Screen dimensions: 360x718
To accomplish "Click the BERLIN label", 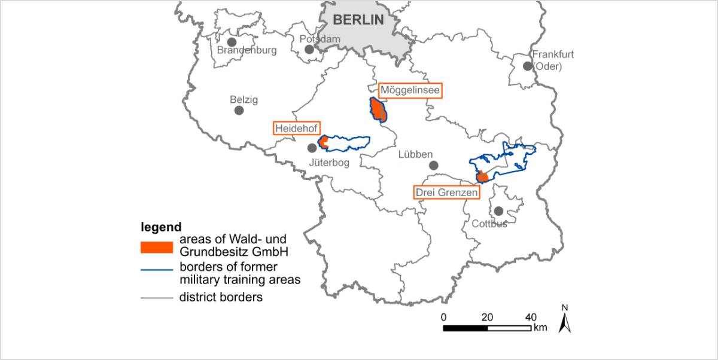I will tap(358, 19).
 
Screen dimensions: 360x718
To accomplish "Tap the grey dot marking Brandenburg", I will tap(232, 42).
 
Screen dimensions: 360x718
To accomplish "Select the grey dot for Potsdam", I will tap(309, 49).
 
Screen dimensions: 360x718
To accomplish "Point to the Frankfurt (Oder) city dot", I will tap(527, 66).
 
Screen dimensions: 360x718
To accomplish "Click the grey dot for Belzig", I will tap(239, 110).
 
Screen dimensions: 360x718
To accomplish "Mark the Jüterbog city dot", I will tap(312, 148).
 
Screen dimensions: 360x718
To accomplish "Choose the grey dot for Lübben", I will tap(434, 165).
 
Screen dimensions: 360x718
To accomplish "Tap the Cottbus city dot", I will tap(498, 210).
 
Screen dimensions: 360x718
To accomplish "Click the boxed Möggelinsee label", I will tap(410, 91).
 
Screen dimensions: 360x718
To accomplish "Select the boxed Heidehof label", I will tap(296, 128).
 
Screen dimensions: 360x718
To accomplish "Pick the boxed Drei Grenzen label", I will tap(446, 193).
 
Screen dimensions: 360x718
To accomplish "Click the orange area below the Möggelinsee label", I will tap(378, 111).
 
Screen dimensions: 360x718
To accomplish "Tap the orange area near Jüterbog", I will tap(323, 142).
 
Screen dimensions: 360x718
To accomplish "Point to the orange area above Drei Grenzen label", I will tap(482, 177).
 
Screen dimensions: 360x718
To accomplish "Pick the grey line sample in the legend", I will tap(156, 297).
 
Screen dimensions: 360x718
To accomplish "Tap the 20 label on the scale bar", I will tap(486, 317).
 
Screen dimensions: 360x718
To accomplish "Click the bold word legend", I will tap(161, 227).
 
